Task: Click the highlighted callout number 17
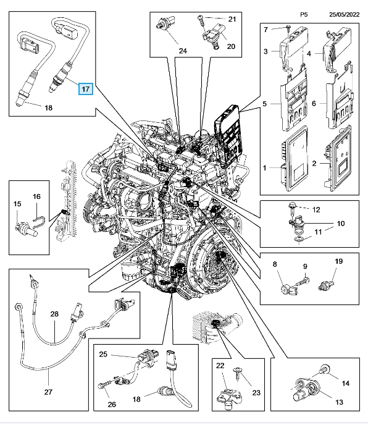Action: (x=86, y=88)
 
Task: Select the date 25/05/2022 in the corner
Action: (x=344, y=15)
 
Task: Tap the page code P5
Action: (x=304, y=15)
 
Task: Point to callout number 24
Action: (x=183, y=51)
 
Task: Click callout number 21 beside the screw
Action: (x=232, y=19)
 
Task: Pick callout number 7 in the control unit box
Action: (x=266, y=29)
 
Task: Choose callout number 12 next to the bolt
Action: (x=316, y=209)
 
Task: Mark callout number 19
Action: (x=339, y=261)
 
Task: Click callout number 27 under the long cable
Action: (x=48, y=392)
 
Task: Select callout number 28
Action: (x=54, y=314)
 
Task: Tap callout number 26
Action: (x=112, y=405)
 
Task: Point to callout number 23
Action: (x=256, y=392)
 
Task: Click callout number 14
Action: (x=346, y=383)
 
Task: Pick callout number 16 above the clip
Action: (x=36, y=196)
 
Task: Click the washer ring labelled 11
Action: (x=299, y=240)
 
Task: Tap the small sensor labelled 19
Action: (x=326, y=285)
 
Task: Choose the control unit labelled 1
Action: (x=295, y=158)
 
